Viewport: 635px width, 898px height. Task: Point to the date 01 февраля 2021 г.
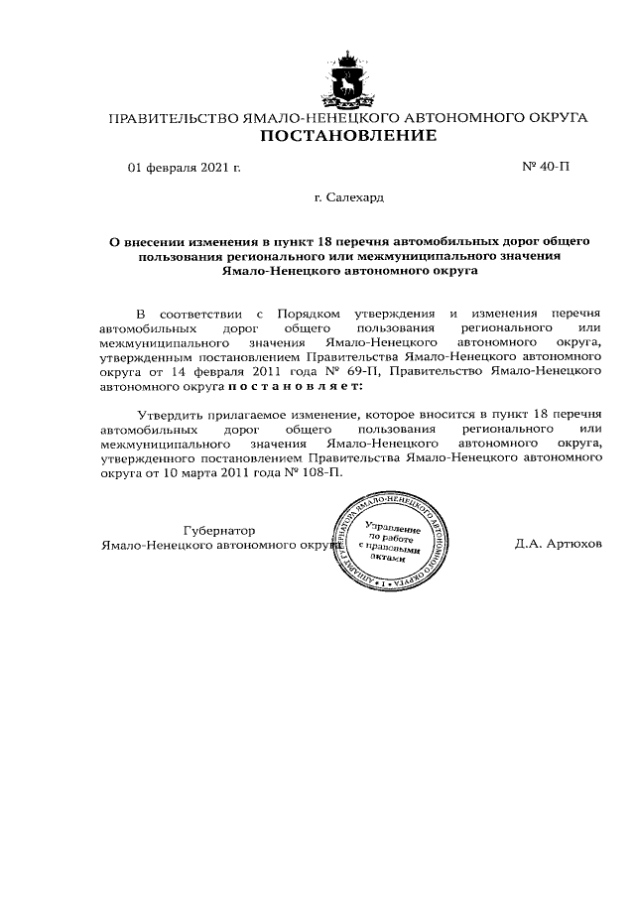pyautogui.click(x=185, y=167)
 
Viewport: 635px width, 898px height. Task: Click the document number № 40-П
pyautogui.click(x=545, y=167)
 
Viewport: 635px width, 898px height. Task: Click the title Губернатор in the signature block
pyautogui.click(x=219, y=530)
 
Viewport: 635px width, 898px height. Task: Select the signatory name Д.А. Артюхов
pyautogui.click(x=558, y=545)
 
